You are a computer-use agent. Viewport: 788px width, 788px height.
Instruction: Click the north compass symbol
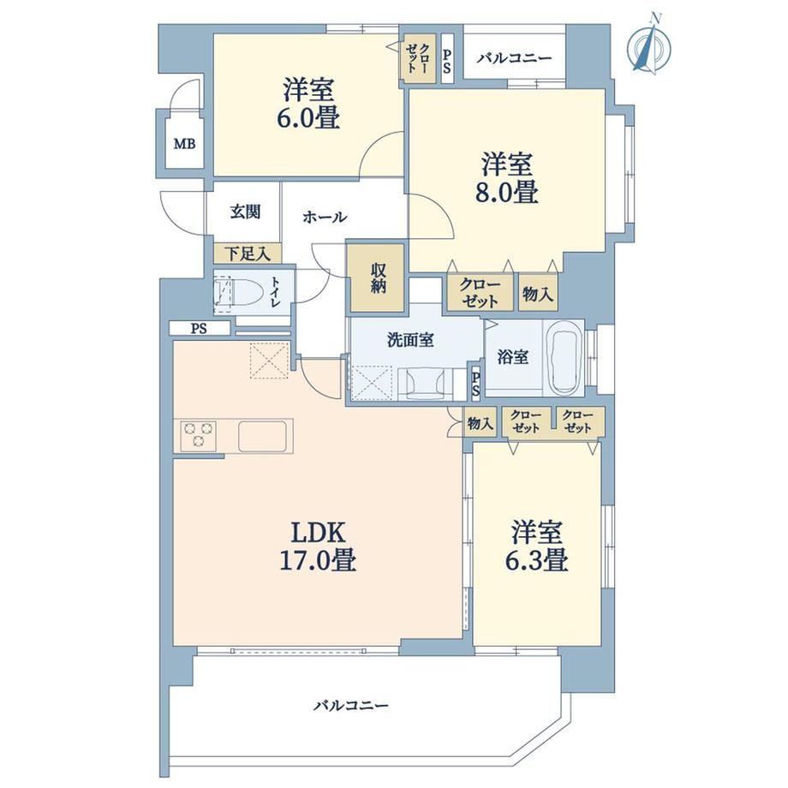[x=650, y=45]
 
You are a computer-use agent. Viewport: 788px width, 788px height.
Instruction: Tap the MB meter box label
[x=184, y=144]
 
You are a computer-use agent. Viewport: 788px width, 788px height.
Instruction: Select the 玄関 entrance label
[x=245, y=212]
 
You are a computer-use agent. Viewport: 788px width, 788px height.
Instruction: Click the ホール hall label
[x=325, y=217]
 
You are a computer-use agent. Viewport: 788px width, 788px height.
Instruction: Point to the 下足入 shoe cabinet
[x=248, y=254]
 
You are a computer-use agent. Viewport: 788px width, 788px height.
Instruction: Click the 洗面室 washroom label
[x=410, y=340]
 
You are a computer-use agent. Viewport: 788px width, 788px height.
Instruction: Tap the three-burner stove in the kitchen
[x=199, y=434]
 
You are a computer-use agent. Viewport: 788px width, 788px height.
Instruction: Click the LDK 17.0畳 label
[x=318, y=546]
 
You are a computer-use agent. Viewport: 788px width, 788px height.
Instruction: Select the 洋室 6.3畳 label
[x=537, y=546]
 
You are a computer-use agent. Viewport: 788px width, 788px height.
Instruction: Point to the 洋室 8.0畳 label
[x=506, y=178]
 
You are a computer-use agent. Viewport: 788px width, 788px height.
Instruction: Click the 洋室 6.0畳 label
[x=308, y=104]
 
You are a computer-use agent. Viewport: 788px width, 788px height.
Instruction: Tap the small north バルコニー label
[x=514, y=58]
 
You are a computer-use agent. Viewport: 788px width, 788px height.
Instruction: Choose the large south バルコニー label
[x=351, y=706]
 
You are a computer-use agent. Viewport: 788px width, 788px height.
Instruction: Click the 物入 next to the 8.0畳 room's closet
[x=537, y=294]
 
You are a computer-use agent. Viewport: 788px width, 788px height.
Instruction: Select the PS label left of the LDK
[x=199, y=329]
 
